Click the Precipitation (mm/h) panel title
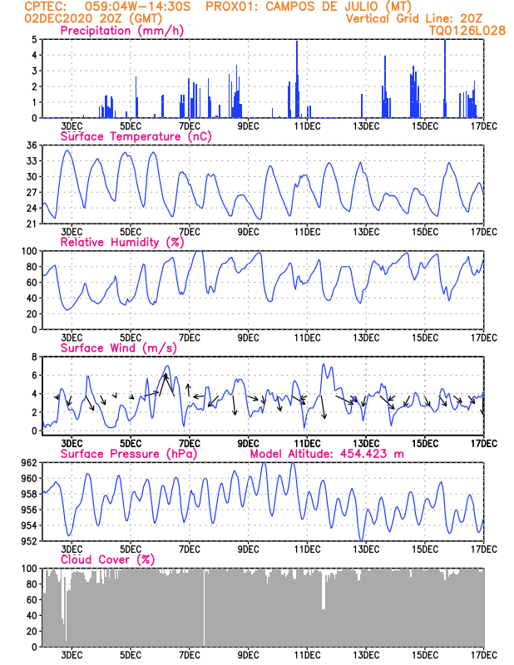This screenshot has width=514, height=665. point(121,31)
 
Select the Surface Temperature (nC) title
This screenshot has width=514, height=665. point(136,136)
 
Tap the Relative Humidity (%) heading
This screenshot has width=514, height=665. point(122,242)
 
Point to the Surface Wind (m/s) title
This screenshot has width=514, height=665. point(118,347)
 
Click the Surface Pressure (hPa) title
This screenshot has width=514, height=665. point(129,454)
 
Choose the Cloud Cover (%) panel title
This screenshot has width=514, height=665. point(108,559)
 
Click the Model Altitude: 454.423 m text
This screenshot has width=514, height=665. point(327,454)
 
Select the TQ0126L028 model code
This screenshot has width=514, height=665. point(467,31)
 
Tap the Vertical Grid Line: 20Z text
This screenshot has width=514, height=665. point(414,18)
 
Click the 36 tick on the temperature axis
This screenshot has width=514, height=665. point(32,145)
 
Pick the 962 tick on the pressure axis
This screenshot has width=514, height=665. point(30,463)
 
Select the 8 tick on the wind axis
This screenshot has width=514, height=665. point(34,357)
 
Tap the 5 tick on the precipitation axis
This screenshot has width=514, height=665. point(34,39)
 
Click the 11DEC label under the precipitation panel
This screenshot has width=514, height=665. point(307,126)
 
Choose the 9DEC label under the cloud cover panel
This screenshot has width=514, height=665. point(249,655)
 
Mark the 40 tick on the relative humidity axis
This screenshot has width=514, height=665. point(32,298)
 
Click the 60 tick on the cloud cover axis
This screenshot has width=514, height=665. point(32,600)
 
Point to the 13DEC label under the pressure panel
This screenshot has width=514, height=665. point(366,549)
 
